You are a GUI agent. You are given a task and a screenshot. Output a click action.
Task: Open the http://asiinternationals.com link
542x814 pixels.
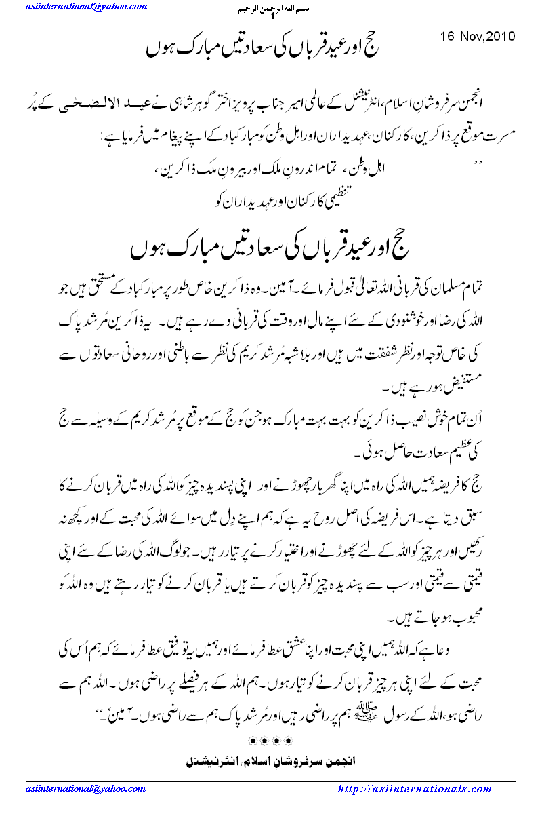[414, 789]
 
